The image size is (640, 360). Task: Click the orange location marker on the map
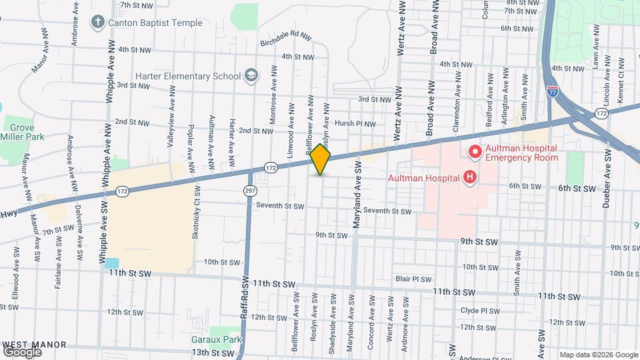click(320, 159)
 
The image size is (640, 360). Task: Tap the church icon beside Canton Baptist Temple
click(98, 23)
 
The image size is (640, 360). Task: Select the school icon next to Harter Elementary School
click(251, 75)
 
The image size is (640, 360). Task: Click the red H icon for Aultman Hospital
click(470, 177)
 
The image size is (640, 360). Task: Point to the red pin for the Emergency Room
click(475, 152)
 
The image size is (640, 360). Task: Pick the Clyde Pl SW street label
click(480, 311)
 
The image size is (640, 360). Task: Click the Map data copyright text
click(597, 355)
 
